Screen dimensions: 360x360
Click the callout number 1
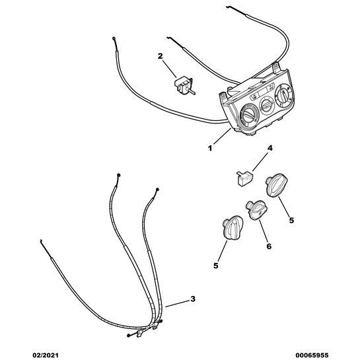210,149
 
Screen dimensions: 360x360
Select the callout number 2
160,56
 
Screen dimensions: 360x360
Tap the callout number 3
193,299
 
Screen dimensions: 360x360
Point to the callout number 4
270,148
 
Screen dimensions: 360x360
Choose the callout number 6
269,246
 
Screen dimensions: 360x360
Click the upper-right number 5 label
291,221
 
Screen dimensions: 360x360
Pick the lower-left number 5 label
216,266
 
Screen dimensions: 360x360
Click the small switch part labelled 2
184,86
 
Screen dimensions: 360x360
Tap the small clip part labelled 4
244,178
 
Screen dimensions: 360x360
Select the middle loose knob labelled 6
257,210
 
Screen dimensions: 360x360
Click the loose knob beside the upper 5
276,185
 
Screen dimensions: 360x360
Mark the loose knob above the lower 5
233,227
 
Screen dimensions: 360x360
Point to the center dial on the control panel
266,106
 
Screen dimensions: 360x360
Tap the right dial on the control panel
285,95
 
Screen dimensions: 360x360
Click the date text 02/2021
45,355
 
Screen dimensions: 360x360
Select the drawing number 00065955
312,355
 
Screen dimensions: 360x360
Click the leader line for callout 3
177,303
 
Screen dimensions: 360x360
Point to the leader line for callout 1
222,136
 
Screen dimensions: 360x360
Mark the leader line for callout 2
170,69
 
